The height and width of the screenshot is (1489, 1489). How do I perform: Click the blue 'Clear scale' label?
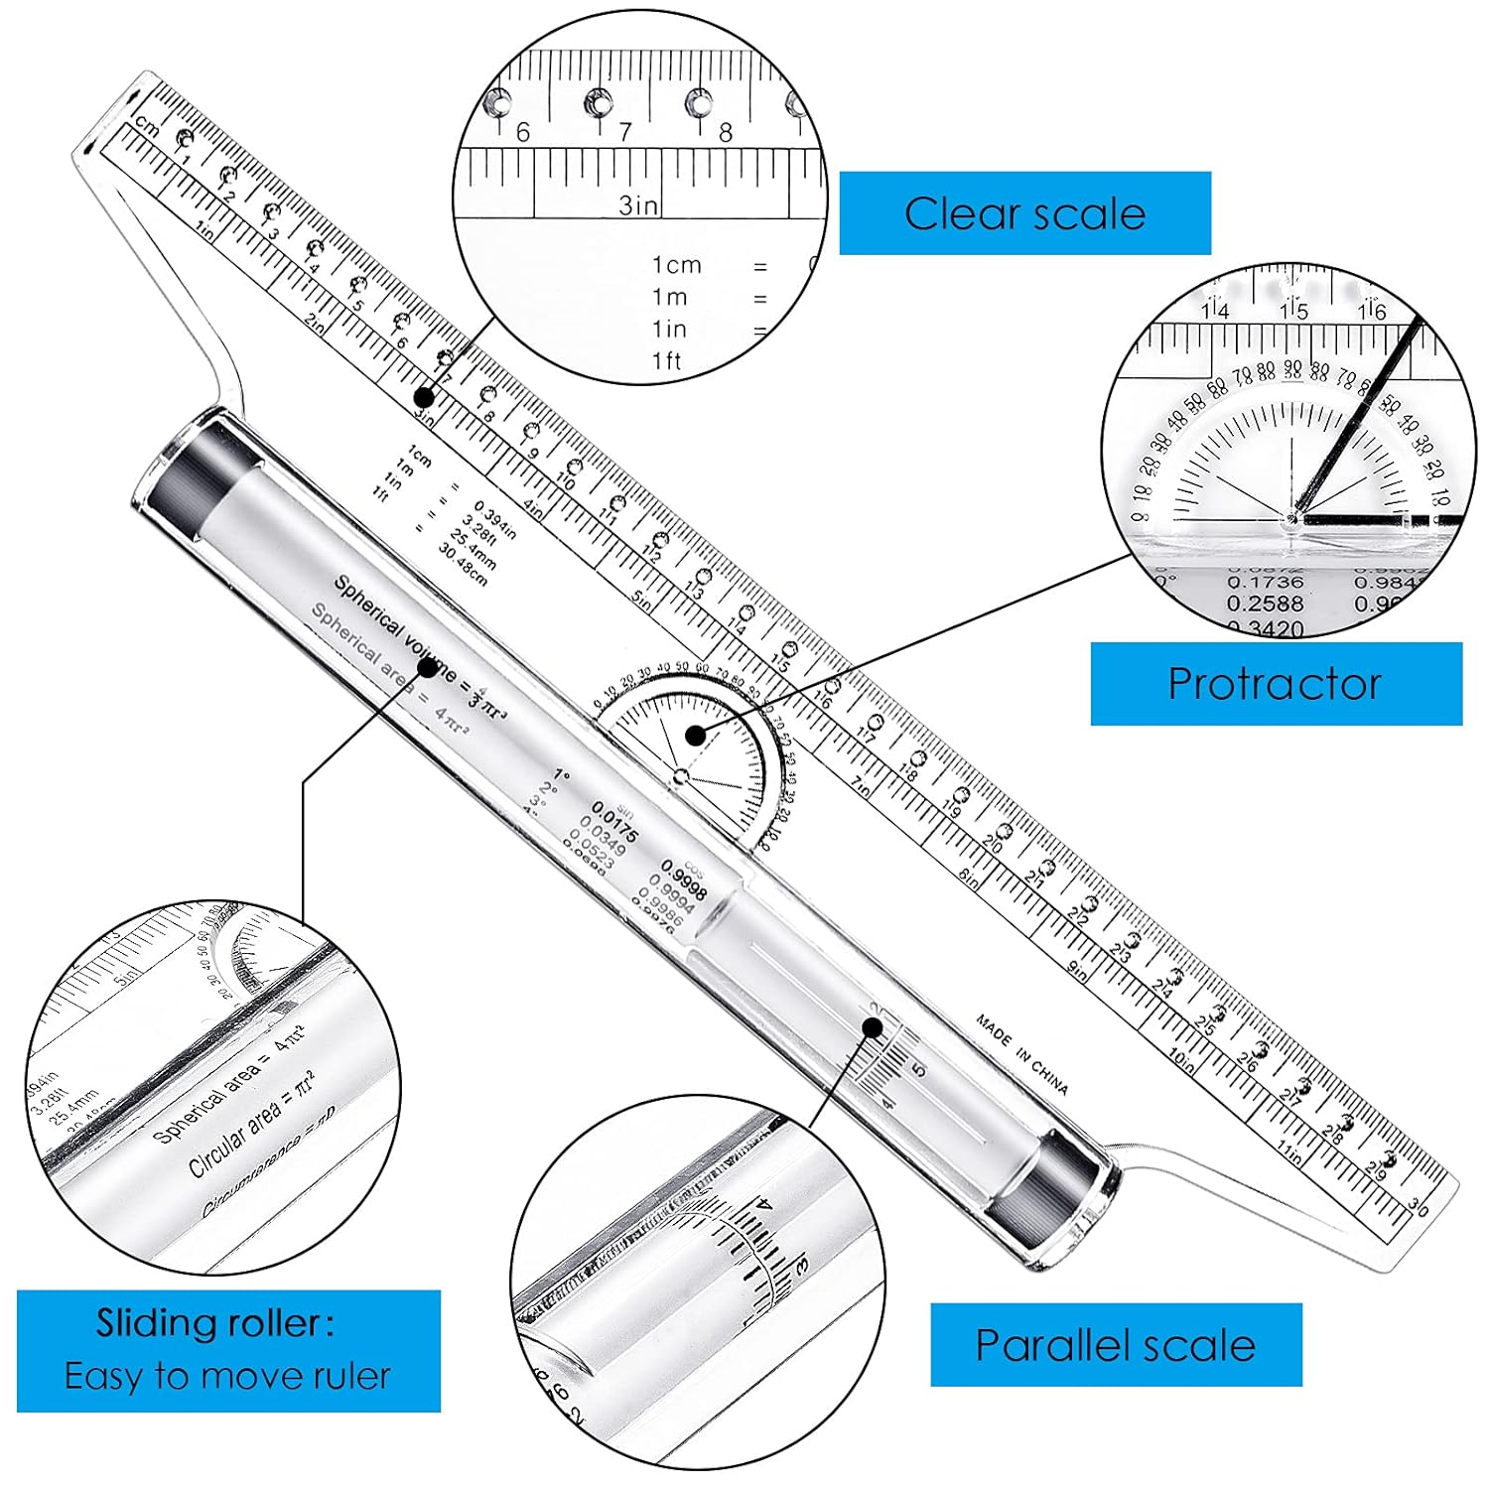click(x=1024, y=213)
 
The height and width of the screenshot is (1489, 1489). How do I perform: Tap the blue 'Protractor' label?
click(x=1275, y=684)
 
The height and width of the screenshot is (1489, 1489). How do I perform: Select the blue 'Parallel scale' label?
click(x=1115, y=1345)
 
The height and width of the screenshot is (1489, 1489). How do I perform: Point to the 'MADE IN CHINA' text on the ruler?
click(x=1021, y=1054)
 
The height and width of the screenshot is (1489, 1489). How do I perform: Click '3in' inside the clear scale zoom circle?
click(x=638, y=204)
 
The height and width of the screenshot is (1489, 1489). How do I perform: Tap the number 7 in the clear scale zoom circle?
click(x=624, y=132)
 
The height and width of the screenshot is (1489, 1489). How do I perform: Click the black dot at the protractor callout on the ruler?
click(x=696, y=736)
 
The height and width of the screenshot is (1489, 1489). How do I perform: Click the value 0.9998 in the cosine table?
click(x=684, y=880)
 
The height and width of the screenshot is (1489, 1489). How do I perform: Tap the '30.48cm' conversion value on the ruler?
click(x=463, y=565)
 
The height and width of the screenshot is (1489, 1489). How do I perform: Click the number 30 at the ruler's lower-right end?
click(x=1419, y=1208)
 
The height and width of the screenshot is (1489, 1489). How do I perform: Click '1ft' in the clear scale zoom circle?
click(x=667, y=361)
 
